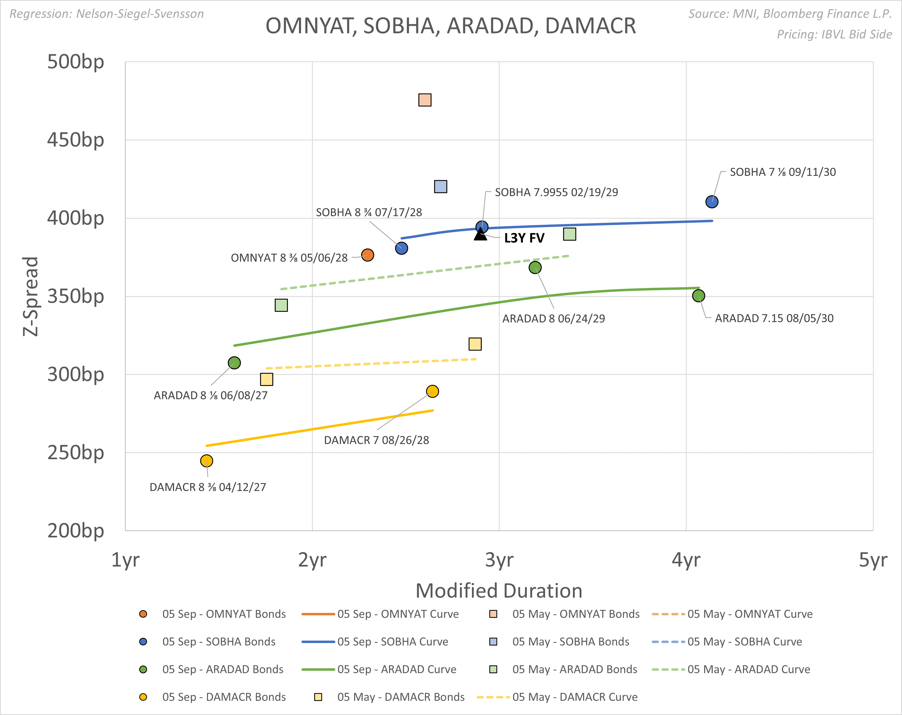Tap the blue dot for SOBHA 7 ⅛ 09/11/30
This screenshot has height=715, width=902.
click(x=712, y=202)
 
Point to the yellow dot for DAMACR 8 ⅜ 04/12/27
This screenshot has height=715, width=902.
click(x=206, y=461)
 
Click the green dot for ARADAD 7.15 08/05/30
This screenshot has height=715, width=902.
click(x=698, y=296)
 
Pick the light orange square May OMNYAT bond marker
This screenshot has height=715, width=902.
click(x=425, y=100)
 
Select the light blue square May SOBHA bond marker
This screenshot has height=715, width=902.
click(x=440, y=186)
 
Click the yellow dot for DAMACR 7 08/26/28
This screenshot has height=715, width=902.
click(x=432, y=391)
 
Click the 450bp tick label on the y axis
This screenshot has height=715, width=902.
click(x=75, y=140)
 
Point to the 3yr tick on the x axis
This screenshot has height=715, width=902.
click(x=499, y=559)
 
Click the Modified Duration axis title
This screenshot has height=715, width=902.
click(x=499, y=591)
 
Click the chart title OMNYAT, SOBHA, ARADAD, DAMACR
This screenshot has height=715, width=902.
click(x=450, y=26)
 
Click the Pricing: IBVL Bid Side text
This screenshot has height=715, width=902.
click(x=834, y=34)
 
